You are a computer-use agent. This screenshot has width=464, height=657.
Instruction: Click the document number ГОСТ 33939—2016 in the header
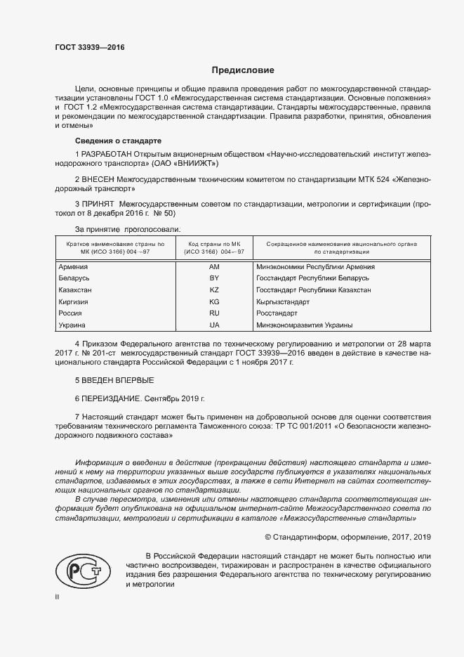click(91, 48)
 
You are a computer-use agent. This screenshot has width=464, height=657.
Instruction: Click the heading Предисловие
click(244, 70)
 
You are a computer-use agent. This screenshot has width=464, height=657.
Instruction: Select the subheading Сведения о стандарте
click(117, 141)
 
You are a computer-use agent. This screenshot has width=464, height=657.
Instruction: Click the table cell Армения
click(73, 267)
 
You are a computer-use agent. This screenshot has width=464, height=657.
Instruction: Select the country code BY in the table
click(214, 278)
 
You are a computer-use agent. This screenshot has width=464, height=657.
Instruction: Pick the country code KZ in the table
click(214, 290)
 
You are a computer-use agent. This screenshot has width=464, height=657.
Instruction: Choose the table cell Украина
click(72, 325)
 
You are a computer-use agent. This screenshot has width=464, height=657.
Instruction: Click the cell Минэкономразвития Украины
click(305, 325)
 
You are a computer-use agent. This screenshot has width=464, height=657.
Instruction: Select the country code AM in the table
click(214, 267)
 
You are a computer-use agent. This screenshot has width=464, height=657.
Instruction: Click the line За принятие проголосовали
click(127, 229)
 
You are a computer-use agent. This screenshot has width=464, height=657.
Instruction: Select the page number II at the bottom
click(58, 596)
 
